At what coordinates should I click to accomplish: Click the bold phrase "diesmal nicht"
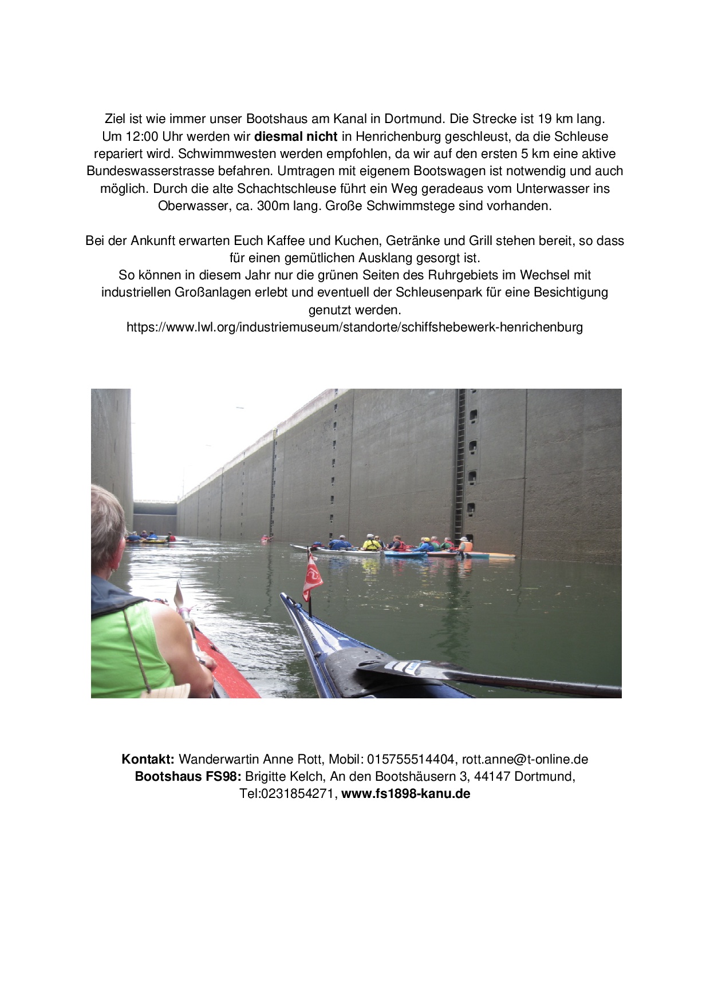[295, 137]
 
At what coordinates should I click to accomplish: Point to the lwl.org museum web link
[354, 327]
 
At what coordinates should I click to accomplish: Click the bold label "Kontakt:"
[148, 760]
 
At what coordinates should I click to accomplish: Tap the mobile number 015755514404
[411, 760]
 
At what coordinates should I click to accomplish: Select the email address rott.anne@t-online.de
[525, 760]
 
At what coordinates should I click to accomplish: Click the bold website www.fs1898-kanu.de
[406, 794]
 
